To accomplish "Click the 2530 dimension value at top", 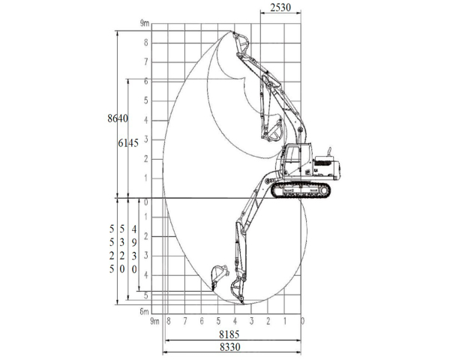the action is point(280,7).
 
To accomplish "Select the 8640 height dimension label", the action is point(118,118).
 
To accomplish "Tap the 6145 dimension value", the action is point(128,143).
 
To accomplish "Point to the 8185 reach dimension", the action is point(229,334).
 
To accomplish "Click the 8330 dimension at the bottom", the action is point(229,347).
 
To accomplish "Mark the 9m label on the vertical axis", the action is point(145,23).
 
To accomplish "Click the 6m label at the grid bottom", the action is point(144,311).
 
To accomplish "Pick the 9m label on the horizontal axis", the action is point(154,321).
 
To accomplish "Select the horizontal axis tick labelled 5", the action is point(218,321).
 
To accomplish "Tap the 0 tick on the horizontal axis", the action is point(302,321).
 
